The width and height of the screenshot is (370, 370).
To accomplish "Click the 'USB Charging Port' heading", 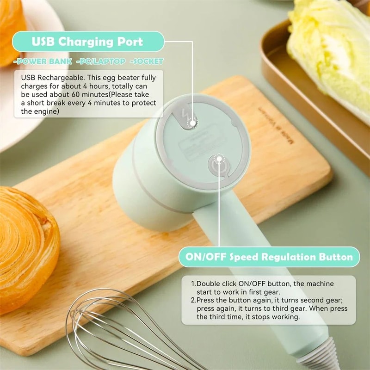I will (x=88, y=41).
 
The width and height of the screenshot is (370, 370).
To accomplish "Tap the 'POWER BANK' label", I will (x=43, y=62).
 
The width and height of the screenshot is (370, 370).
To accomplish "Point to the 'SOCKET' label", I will (x=147, y=62).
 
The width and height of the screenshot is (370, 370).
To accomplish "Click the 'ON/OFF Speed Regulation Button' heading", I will (x=269, y=257).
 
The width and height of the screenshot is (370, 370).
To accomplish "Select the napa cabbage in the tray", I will (x=331, y=46).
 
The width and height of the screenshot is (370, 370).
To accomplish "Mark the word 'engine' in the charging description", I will (x=46, y=111).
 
